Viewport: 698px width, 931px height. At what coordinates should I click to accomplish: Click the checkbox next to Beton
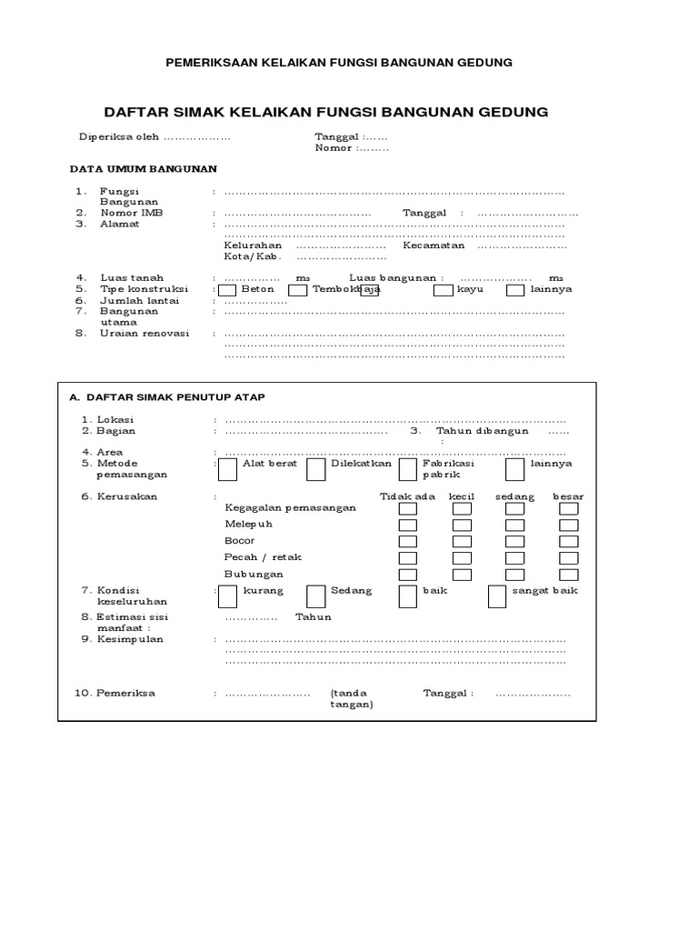[x=225, y=290]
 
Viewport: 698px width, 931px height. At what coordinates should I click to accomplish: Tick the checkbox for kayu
[x=443, y=290]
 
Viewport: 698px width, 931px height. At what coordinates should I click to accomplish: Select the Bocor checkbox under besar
[x=568, y=541]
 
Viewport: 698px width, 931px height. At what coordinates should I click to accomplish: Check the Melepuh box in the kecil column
[x=462, y=525]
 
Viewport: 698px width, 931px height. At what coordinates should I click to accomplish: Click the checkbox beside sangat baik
[x=497, y=596]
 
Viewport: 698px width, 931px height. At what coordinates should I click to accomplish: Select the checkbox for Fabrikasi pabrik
[x=408, y=468]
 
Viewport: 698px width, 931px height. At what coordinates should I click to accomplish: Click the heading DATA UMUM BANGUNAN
[x=144, y=169]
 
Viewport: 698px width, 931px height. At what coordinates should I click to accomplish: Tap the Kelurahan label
[x=254, y=245]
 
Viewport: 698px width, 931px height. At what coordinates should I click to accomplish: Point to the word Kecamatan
[x=434, y=245]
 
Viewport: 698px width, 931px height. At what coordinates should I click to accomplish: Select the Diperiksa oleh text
[x=119, y=137]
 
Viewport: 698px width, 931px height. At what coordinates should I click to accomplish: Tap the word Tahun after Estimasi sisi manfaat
[x=314, y=617]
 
